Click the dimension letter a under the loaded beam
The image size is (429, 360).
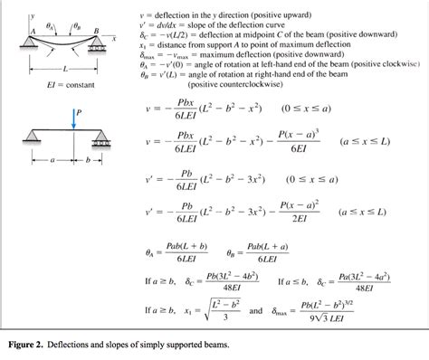(53, 159)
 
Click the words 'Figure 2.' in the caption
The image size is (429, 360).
(34, 345)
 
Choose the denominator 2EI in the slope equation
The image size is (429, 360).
(294, 218)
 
